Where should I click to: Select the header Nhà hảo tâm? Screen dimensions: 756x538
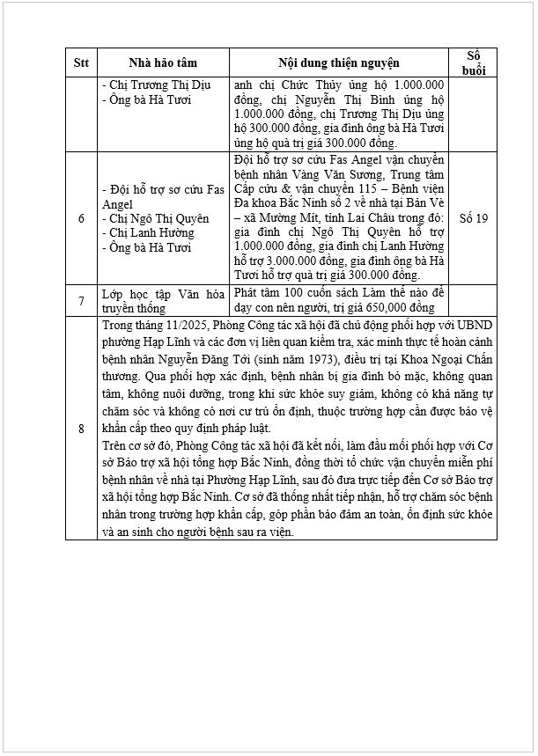(x=163, y=63)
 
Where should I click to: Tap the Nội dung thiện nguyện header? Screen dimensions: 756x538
(x=339, y=63)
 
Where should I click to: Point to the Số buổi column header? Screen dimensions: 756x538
(x=473, y=63)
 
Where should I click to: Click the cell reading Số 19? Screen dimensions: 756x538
(x=473, y=217)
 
